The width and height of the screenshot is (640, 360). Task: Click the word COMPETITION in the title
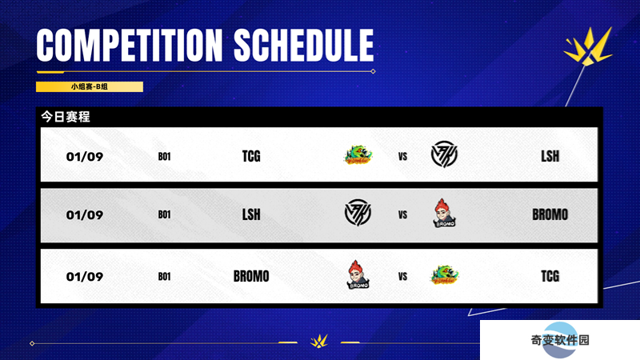[x=130, y=45]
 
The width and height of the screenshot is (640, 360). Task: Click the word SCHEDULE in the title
[x=304, y=45]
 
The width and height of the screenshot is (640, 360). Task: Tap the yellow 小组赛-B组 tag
[x=90, y=86]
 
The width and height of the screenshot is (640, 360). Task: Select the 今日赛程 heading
[x=66, y=117]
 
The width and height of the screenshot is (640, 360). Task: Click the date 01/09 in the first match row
[x=85, y=156]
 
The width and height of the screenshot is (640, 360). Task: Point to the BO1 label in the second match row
[x=164, y=214]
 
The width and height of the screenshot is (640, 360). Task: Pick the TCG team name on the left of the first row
[x=251, y=156]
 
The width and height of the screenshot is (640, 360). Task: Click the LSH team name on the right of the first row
[x=550, y=156]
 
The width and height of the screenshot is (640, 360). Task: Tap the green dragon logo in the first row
[x=358, y=155]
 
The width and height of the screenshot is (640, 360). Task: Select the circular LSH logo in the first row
[x=444, y=154]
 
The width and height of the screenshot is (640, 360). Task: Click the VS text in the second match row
[x=402, y=215]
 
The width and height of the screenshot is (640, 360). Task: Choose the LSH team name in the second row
[x=251, y=214]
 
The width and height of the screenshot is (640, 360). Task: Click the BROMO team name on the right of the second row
[x=550, y=214]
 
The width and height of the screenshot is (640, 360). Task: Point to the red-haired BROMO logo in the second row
[x=444, y=213]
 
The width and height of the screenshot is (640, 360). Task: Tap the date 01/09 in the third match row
[x=85, y=277]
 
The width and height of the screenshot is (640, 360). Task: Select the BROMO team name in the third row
[x=251, y=276]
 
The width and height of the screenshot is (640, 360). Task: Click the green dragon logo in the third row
[x=444, y=274]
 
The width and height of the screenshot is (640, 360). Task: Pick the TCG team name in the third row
[x=550, y=276]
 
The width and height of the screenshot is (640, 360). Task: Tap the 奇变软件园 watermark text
[x=559, y=340]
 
